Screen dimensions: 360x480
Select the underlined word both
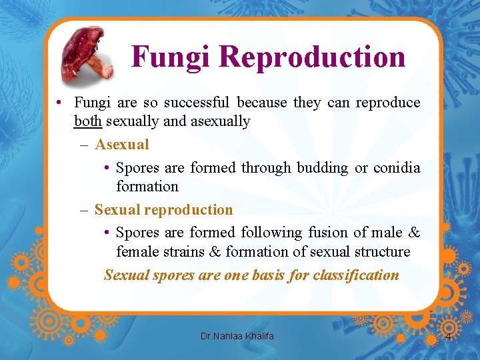point(88,121)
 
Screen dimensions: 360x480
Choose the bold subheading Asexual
point(122,144)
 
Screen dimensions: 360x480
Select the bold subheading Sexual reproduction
point(163,209)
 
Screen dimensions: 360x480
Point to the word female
point(137,251)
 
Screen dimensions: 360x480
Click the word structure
point(381,251)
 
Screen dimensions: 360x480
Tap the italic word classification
point(356,275)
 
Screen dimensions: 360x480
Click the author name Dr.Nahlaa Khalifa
point(237,336)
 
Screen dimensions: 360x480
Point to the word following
point(273,232)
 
